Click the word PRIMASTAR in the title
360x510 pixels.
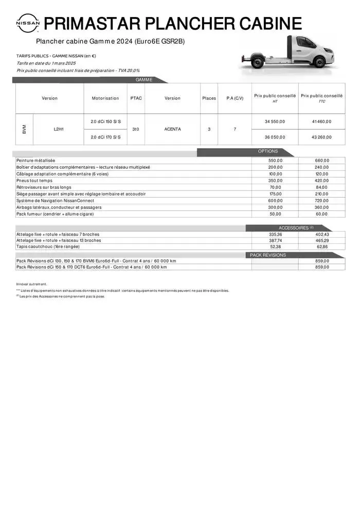(93, 24)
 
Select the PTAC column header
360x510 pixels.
(136, 98)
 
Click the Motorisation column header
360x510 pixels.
(105, 98)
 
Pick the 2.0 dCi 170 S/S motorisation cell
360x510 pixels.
(105, 137)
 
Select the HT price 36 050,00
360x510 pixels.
(275, 137)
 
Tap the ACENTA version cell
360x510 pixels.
(172, 129)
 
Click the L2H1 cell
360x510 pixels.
(58, 129)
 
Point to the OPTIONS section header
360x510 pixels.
(268, 151)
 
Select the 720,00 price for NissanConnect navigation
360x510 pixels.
(322, 201)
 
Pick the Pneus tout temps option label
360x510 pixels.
(34, 181)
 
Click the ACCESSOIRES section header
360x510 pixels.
(296, 227)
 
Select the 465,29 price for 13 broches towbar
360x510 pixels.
(322, 240)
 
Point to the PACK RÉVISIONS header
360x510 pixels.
(268, 255)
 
